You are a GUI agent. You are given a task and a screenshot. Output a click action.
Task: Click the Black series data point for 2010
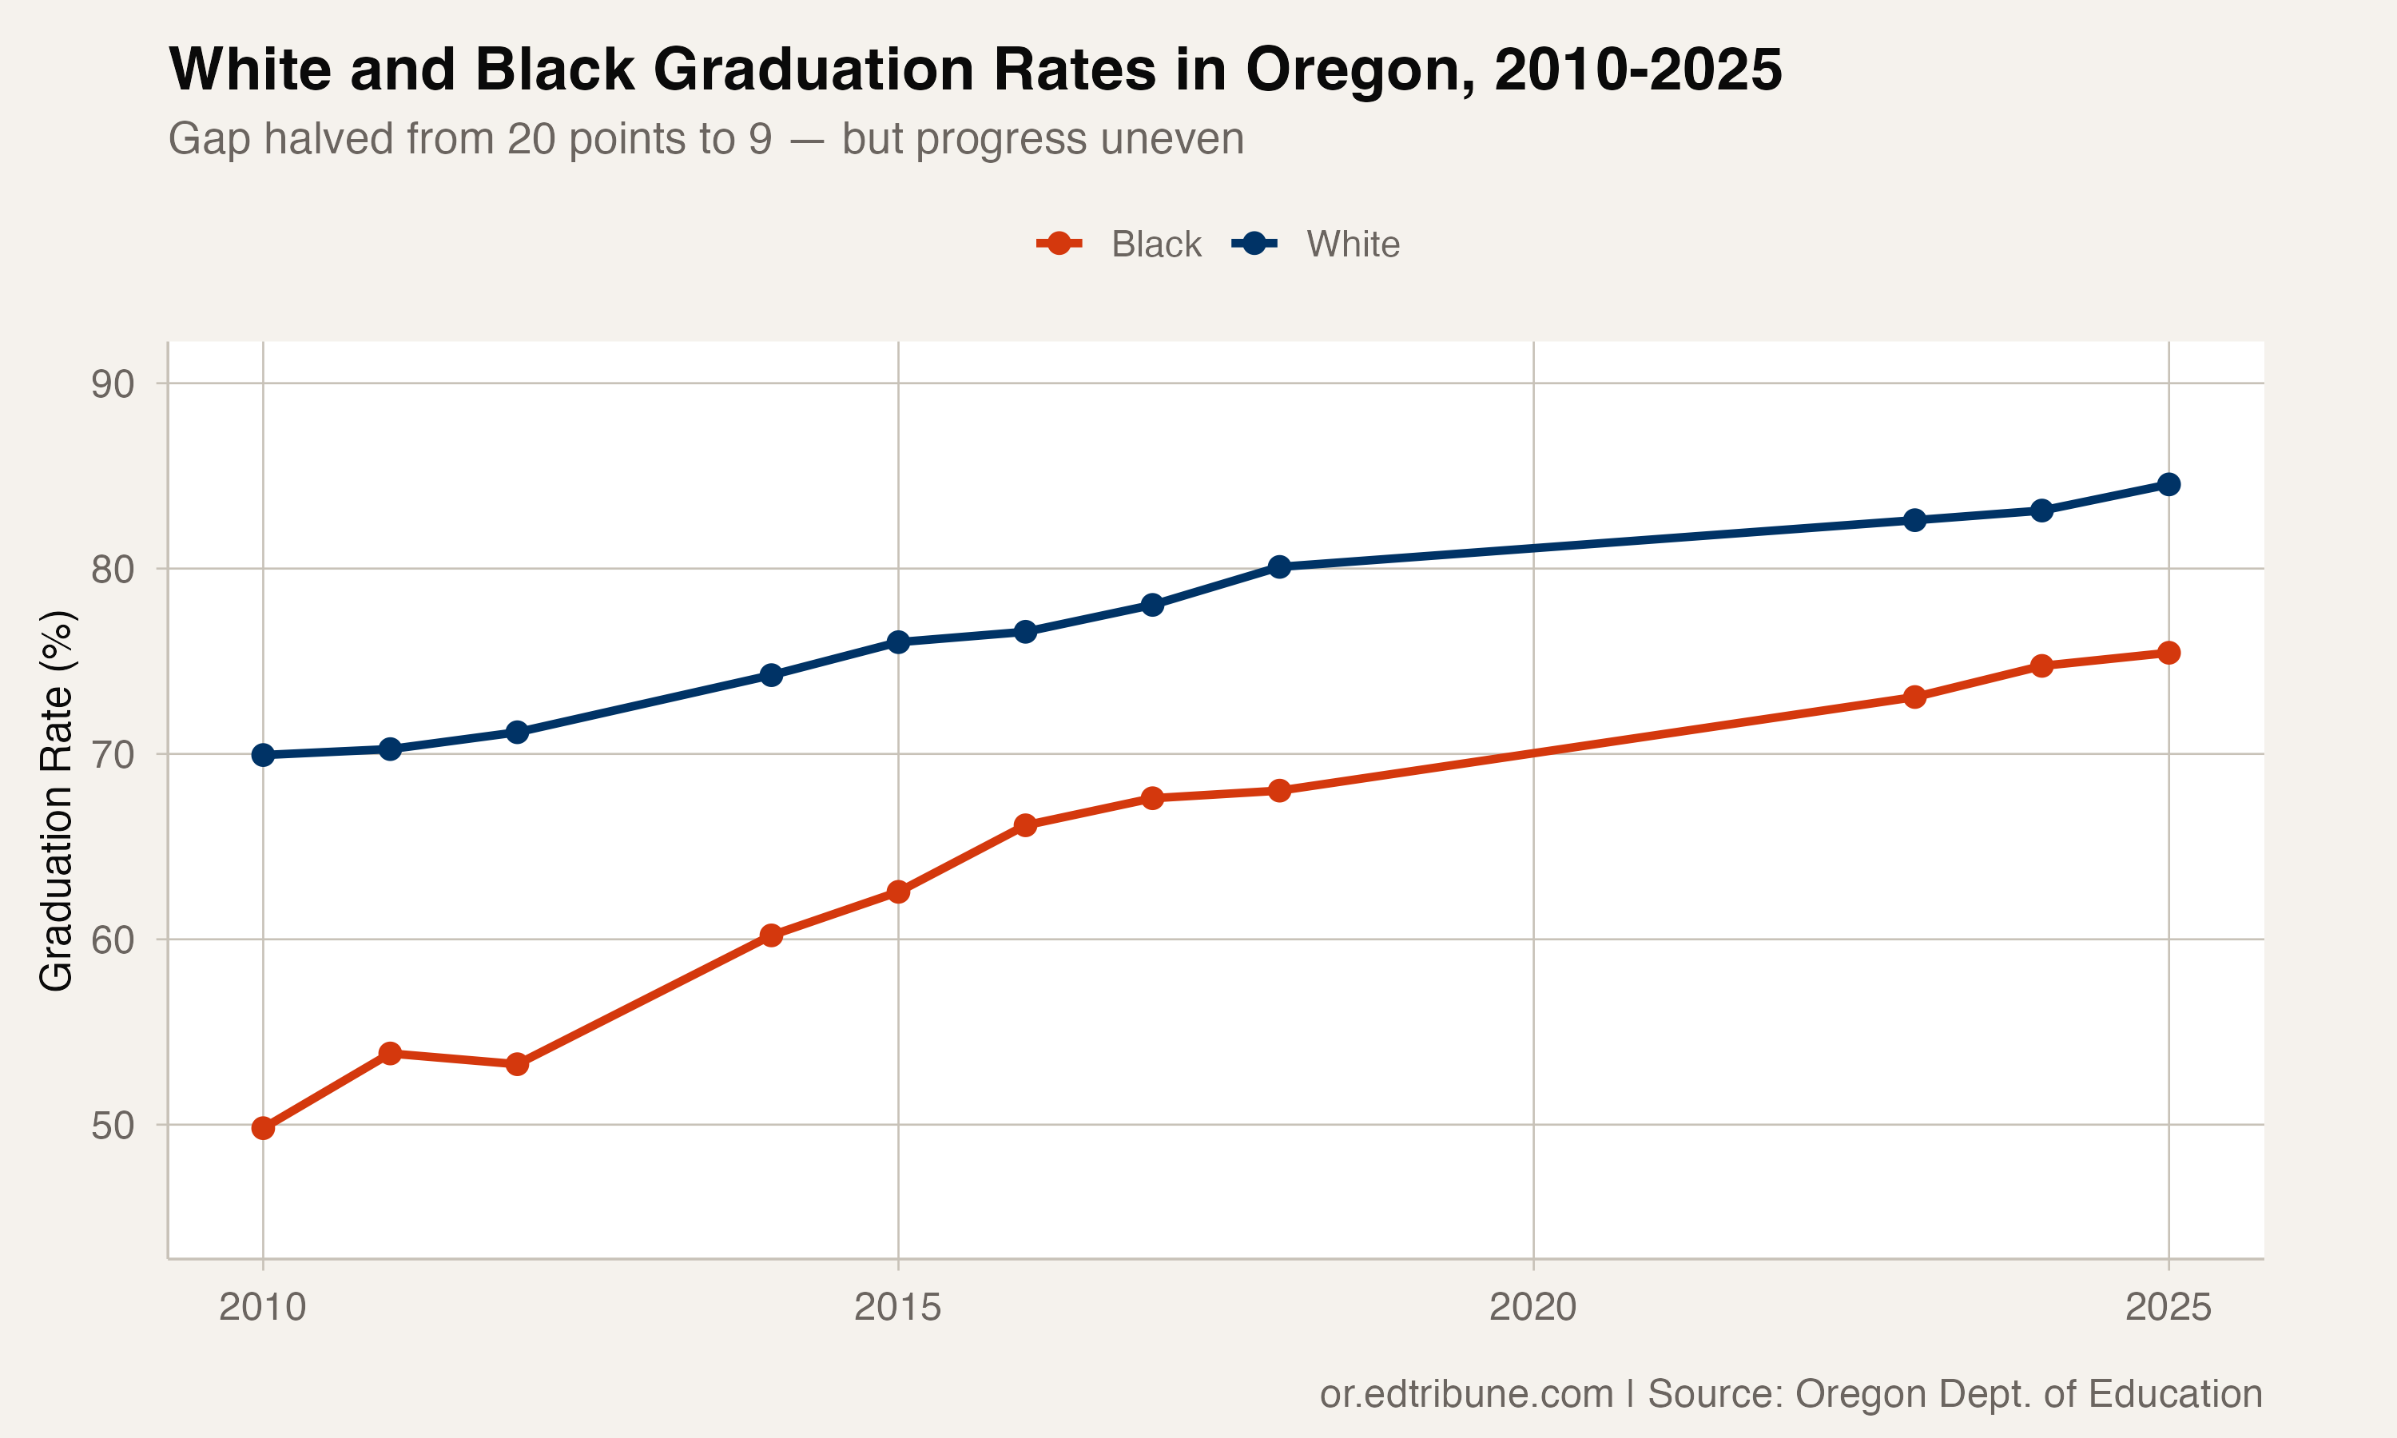(x=263, y=1128)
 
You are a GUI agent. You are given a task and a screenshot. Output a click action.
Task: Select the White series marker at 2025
(x=2168, y=484)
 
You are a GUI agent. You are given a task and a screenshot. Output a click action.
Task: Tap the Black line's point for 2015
(x=898, y=892)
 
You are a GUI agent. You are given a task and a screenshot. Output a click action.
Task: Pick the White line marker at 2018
(x=1279, y=567)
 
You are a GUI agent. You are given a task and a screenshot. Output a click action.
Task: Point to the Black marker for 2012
(x=518, y=1064)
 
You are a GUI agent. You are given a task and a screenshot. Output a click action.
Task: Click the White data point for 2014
(x=771, y=675)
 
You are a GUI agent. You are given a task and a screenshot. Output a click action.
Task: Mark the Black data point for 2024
(x=2041, y=665)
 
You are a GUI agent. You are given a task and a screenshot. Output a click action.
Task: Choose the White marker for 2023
(x=1914, y=520)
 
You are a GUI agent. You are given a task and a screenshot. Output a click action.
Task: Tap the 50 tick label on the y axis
(x=113, y=1126)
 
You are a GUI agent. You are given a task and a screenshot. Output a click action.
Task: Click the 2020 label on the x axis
(x=1532, y=1308)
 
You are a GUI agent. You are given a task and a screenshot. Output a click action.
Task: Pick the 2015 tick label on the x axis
(x=897, y=1308)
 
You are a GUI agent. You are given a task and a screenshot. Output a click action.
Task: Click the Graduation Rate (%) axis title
(x=56, y=800)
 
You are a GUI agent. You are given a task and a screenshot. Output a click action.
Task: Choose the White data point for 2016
(x=1025, y=632)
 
